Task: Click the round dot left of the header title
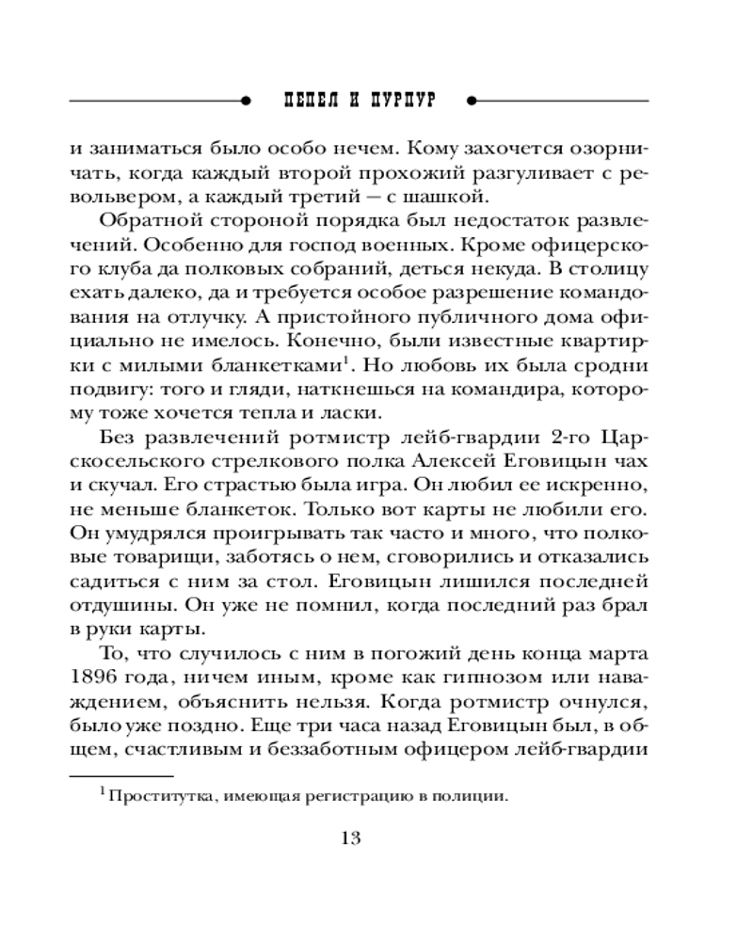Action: (x=246, y=100)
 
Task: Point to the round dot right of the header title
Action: (x=473, y=100)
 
